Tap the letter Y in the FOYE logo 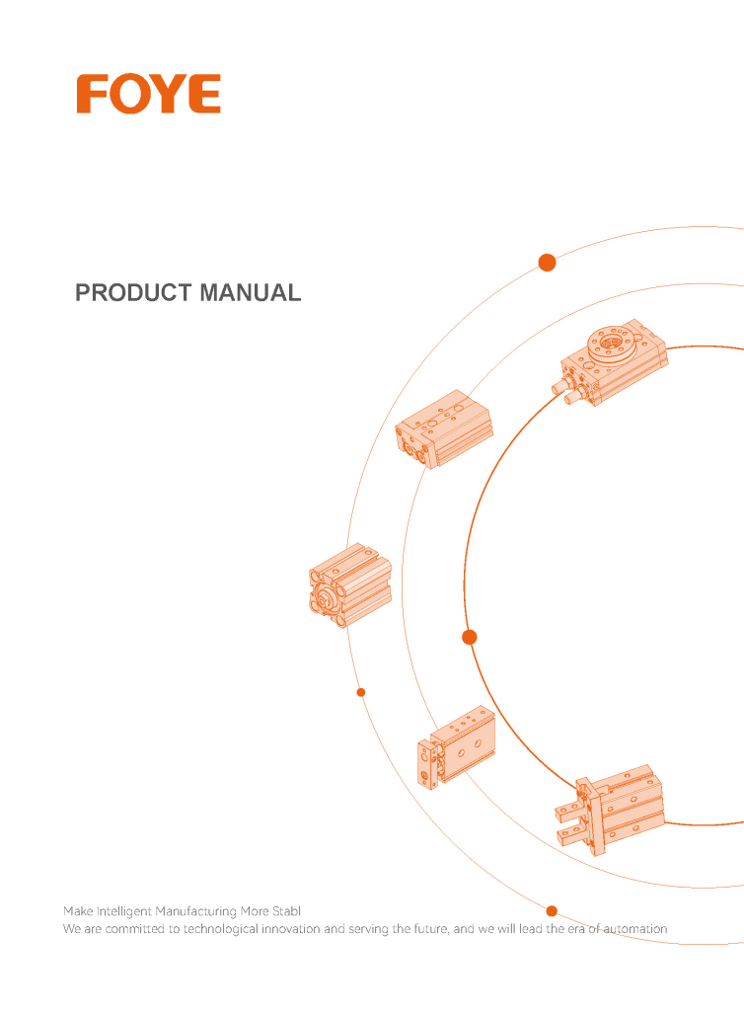[168, 94]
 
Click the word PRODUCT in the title [133, 292]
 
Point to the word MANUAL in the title [250, 292]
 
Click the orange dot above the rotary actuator [547, 263]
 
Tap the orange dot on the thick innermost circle [470, 637]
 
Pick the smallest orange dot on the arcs [361, 692]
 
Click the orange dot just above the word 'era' [552, 911]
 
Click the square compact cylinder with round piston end [349, 585]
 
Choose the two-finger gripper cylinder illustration [610, 811]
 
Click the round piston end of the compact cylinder [327, 599]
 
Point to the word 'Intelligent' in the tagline [124, 911]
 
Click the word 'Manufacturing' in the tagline [195, 911]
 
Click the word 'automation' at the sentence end [635, 929]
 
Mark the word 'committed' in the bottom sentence [135, 929]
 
